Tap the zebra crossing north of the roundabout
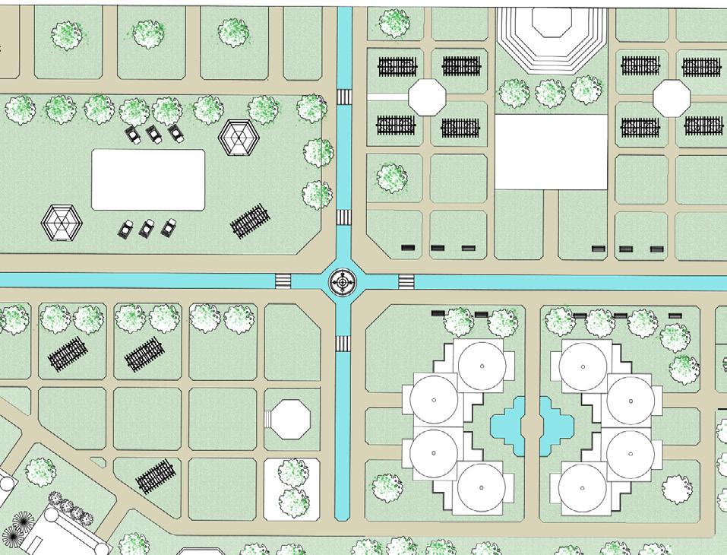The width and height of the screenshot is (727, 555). (x=344, y=217)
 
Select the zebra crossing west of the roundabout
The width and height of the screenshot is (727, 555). (x=283, y=281)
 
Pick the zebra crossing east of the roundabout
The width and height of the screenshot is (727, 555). (x=406, y=282)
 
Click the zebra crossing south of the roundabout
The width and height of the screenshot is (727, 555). (x=344, y=343)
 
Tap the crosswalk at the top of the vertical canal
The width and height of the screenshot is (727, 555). (x=344, y=97)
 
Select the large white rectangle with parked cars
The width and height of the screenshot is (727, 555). (x=148, y=179)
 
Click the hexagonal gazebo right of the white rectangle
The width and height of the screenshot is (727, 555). (x=239, y=138)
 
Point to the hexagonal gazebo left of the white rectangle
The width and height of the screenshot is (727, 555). (x=62, y=223)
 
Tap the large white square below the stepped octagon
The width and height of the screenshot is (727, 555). (x=552, y=152)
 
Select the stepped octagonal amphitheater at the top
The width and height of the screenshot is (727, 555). (x=552, y=34)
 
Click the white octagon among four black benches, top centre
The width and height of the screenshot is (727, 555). (x=427, y=97)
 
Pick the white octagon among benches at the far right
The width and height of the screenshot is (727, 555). (x=672, y=98)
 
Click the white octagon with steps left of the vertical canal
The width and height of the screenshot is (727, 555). (x=291, y=418)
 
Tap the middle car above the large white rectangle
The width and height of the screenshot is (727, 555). (x=154, y=135)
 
